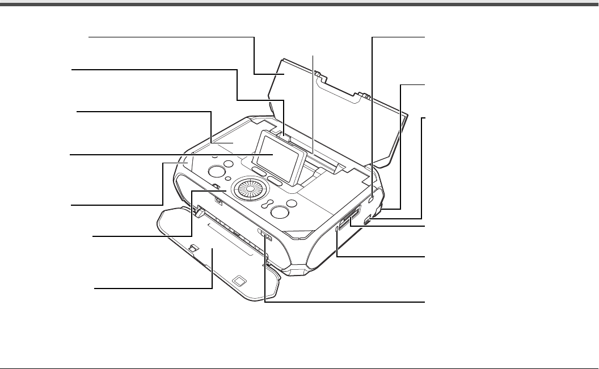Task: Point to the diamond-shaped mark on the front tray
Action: click(239, 280)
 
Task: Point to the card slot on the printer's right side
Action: click(348, 217)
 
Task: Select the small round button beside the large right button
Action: click(292, 203)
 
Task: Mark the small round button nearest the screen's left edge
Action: click(229, 164)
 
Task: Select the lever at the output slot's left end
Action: click(198, 211)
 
